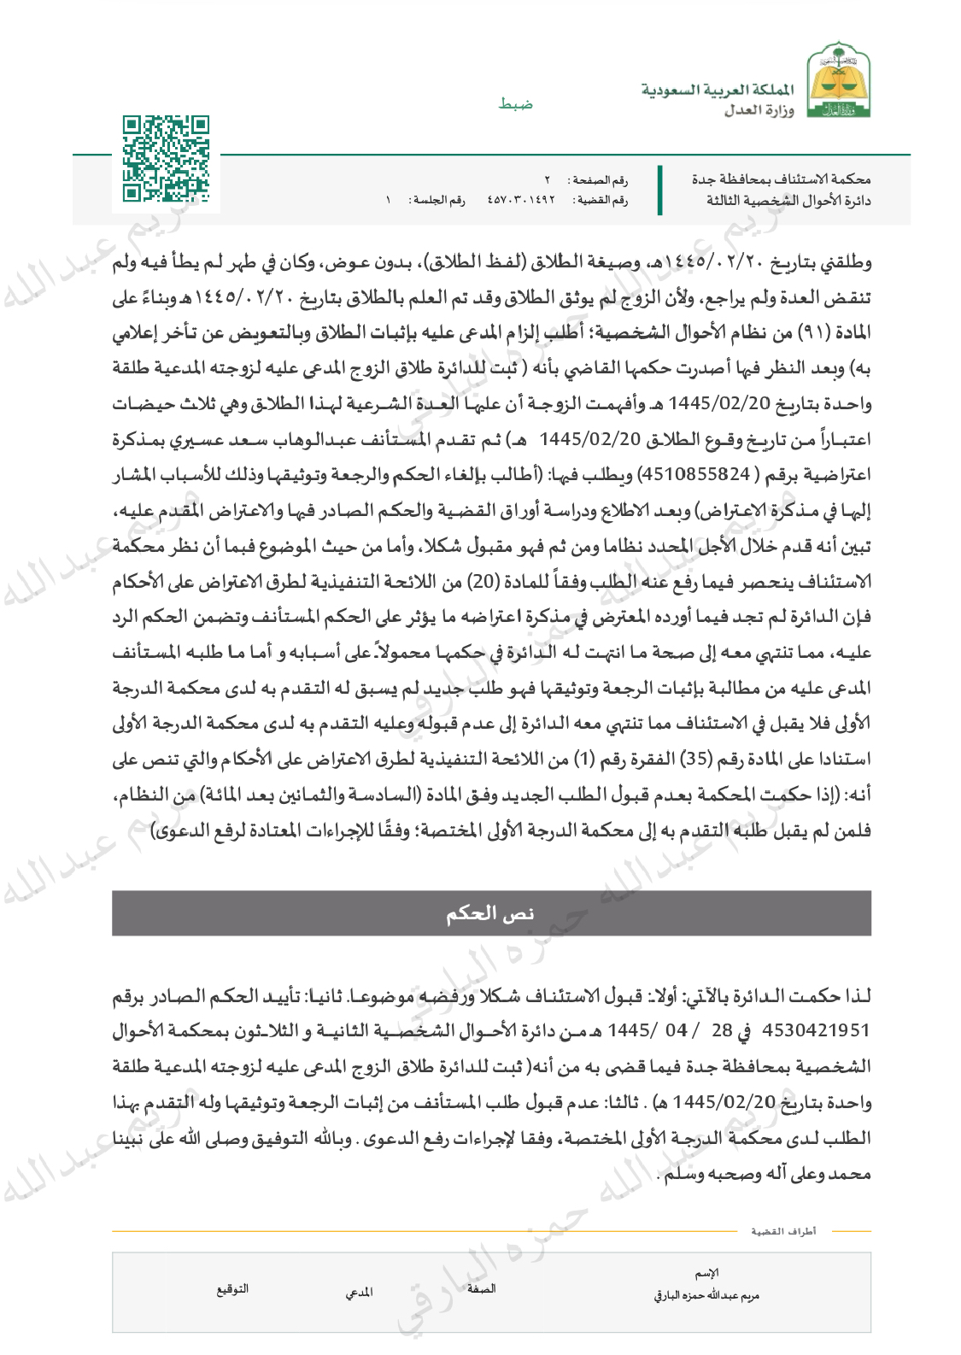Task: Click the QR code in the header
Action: pyautogui.click(x=166, y=160)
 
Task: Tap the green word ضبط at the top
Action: pyautogui.click(x=516, y=103)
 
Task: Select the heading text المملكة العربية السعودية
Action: pyautogui.click(x=718, y=90)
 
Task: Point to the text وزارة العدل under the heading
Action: pyautogui.click(x=759, y=110)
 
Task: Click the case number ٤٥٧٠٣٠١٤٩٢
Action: pyautogui.click(x=521, y=200)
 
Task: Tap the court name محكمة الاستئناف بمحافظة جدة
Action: pyautogui.click(x=781, y=179)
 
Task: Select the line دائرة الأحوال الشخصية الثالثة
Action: pyautogui.click(x=788, y=200)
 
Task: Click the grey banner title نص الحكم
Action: pyautogui.click(x=490, y=913)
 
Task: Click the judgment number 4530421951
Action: pyautogui.click(x=816, y=1030)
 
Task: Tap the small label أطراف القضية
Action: pyautogui.click(x=783, y=1231)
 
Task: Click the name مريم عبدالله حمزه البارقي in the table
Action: pyautogui.click(x=706, y=1295)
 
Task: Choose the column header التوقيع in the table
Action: pyautogui.click(x=232, y=1288)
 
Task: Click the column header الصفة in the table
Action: pyautogui.click(x=481, y=1288)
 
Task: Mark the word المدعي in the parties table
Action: pyautogui.click(x=359, y=1293)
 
